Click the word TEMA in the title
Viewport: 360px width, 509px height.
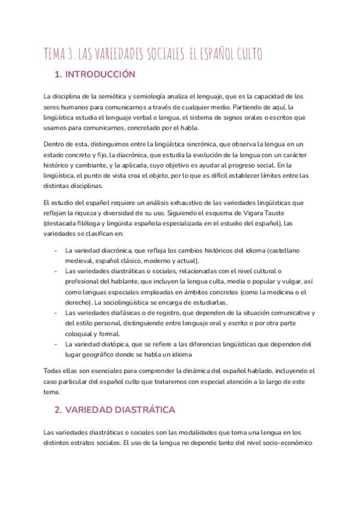56,55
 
